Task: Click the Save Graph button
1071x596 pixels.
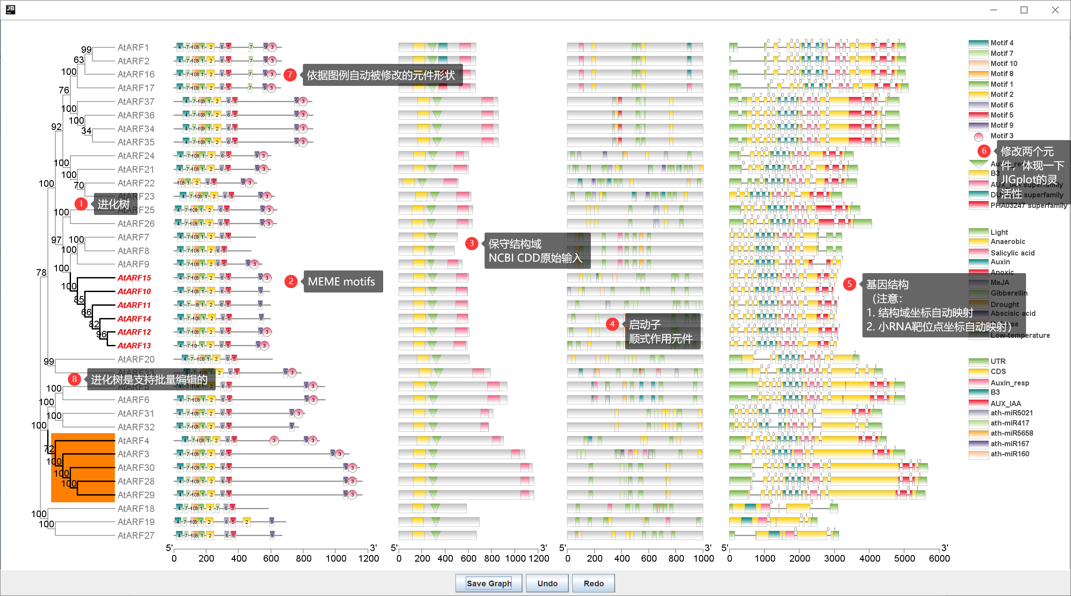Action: click(x=489, y=583)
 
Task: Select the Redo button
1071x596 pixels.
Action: click(x=593, y=583)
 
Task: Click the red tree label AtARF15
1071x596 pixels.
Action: click(x=134, y=278)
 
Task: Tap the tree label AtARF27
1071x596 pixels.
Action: click(x=136, y=536)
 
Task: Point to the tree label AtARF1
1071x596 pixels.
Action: click(x=133, y=48)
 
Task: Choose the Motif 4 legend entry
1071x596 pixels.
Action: click(x=1002, y=43)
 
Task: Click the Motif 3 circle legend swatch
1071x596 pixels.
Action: click(x=978, y=137)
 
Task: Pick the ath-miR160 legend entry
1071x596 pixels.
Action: click(x=1010, y=454)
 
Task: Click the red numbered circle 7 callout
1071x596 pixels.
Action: click(x=290, y=75)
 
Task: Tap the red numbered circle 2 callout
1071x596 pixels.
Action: click(x=291, y=281)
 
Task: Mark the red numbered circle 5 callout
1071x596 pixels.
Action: click(x=849, y=284)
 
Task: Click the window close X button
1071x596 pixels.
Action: click(x=1055, y=10)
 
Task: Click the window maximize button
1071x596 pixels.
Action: click(x=1024, y=10)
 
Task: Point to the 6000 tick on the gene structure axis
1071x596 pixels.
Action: click(x=939, y=558)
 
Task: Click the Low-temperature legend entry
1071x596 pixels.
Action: click(x=1020, y=336)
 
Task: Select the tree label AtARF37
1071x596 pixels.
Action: click(x=136, y=102)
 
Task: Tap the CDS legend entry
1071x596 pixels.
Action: click(x=998, y=372)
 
